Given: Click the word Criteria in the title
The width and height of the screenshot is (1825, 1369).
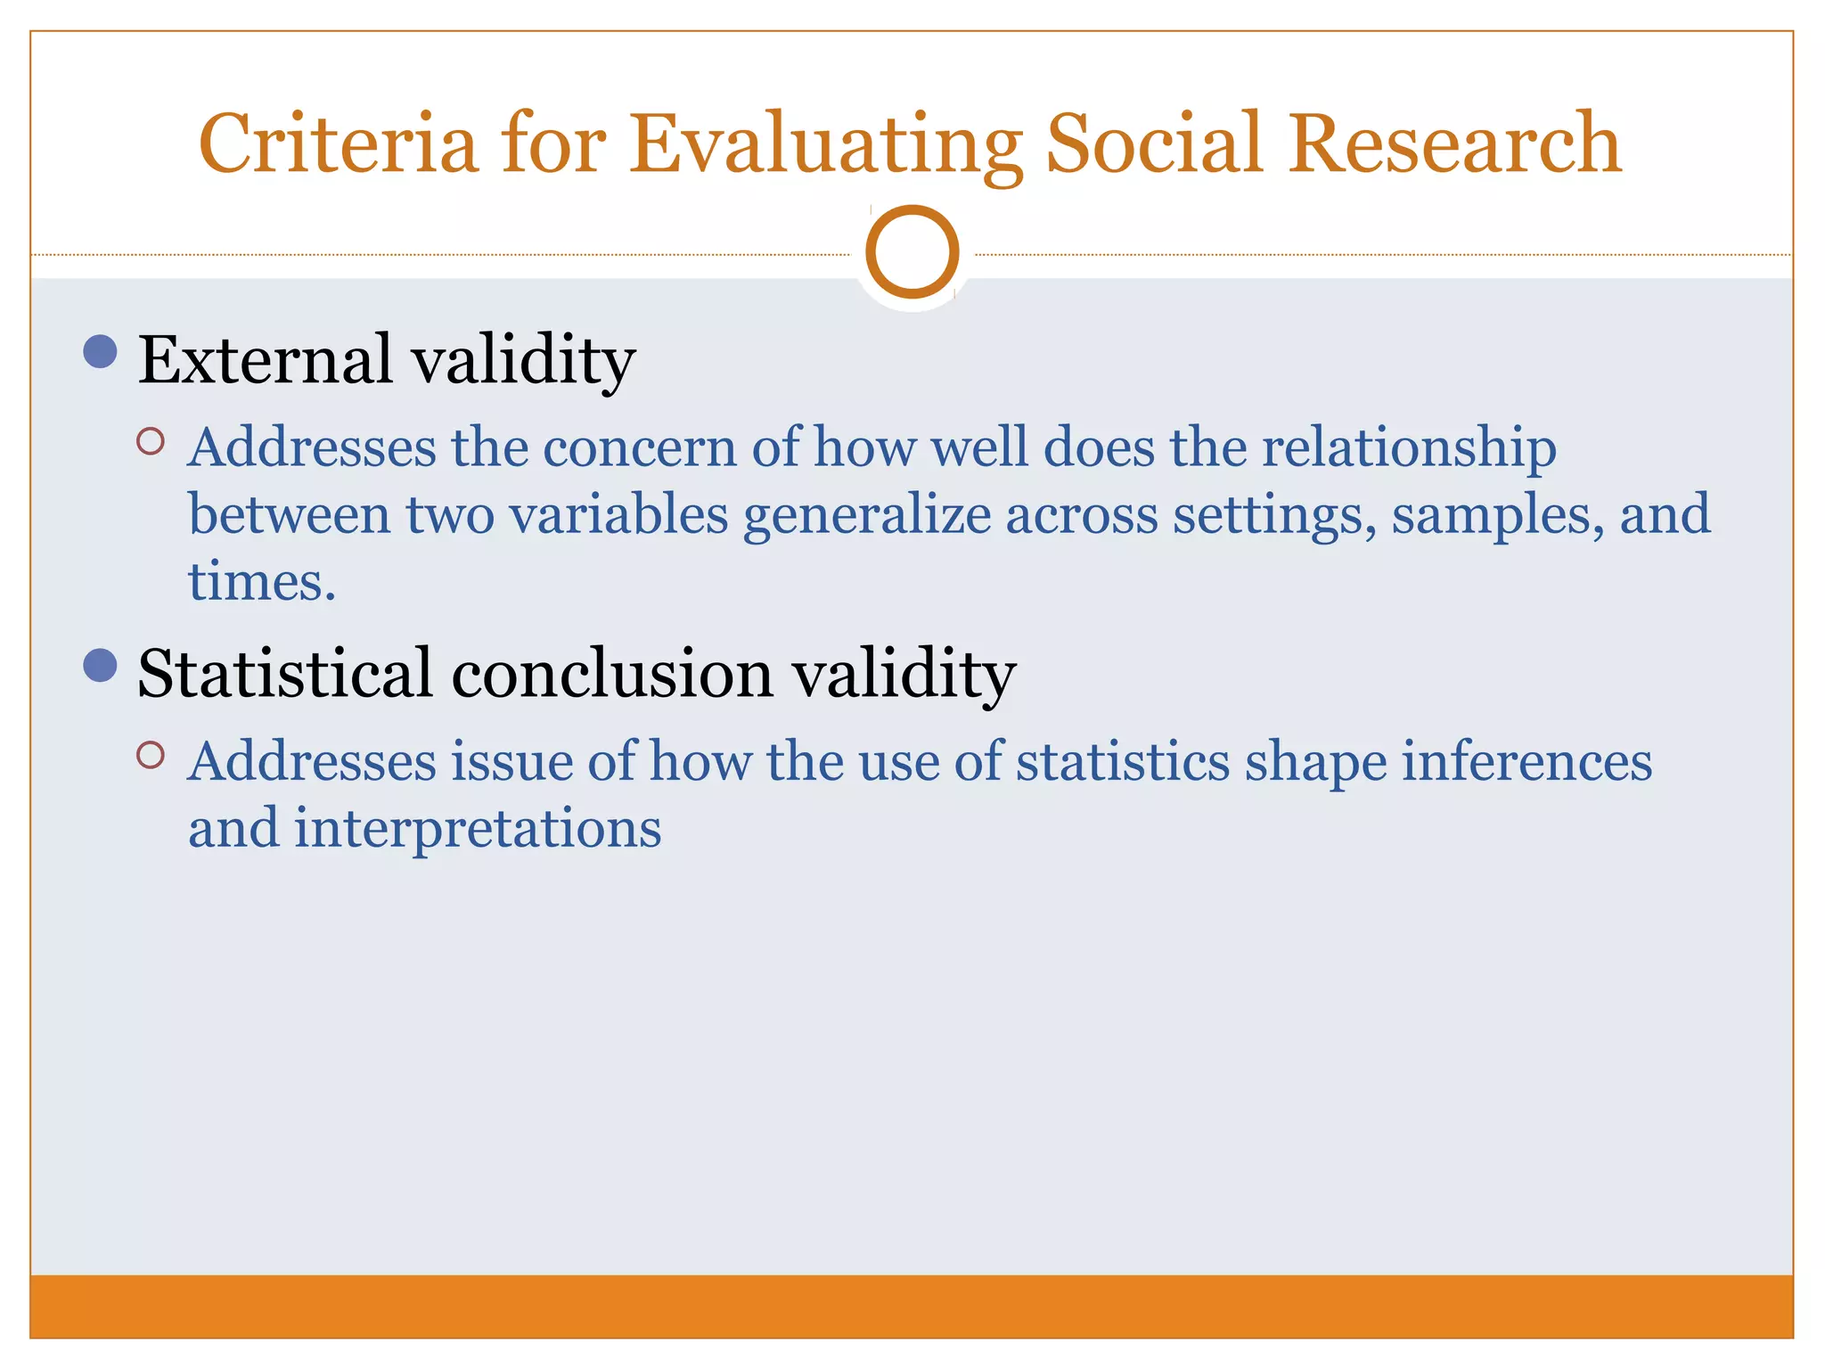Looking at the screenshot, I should [x=338, y=144].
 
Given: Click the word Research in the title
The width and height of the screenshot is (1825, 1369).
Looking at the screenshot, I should [x=1453, y=144].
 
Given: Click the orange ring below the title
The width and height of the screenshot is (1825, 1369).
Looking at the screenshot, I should [x=912, y=251].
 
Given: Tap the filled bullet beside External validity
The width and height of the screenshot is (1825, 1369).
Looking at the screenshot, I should [x=100, y=351].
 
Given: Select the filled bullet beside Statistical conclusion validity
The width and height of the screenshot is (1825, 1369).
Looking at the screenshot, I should [x=100, y=665].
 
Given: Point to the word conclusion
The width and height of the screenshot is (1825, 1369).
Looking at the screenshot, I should [x=612, y=674].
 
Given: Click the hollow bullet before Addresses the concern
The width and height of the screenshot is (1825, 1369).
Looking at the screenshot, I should [x=151, y=441].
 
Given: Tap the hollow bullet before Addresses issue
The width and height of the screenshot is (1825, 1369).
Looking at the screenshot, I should [x=151, y=755].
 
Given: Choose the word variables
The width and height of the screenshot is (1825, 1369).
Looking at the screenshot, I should [x=618, y=515].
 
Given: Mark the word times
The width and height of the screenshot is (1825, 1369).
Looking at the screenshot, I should [x=261, y=582].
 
